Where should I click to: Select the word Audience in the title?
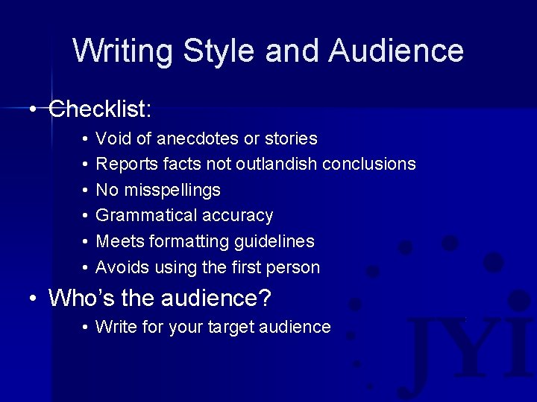pos(396,51)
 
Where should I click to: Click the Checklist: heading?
pos(100,110)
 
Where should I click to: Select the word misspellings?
pos(172,190)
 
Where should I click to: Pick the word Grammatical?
pos(146,216)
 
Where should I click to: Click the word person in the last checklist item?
pos(294,267)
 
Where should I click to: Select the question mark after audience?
pos(265,299)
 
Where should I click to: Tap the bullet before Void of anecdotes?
pos(87,139)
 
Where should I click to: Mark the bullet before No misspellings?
pos(87,191)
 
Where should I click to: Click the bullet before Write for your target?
pos(87,328)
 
